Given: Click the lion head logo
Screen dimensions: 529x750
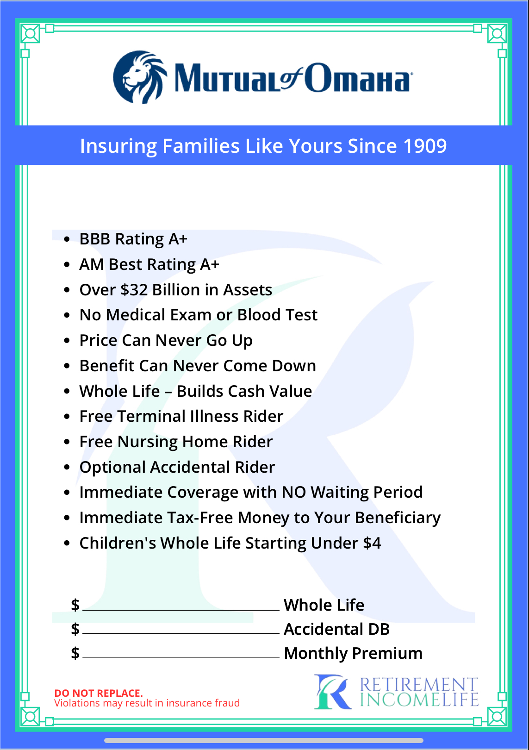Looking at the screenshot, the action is tap(140, 77).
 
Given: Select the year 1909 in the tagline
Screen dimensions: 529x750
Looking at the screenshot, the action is tap(425, 146).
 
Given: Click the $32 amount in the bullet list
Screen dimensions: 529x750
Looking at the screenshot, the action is tap(134, 290).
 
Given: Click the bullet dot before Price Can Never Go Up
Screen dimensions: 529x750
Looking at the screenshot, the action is tap(67, 341).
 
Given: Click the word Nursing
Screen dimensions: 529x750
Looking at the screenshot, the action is tap(148, 442).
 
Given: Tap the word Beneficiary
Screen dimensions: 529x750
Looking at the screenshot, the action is tap(398, 518).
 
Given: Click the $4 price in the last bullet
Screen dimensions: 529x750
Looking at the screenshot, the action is tap(372, 543).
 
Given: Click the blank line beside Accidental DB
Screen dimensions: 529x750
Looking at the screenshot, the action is tap(181, 633).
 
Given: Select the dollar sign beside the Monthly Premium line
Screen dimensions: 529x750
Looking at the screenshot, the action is tap(75, 653).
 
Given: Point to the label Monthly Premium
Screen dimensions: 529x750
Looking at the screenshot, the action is tap(353, 653).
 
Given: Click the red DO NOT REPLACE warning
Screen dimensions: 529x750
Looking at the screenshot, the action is tap(99, 693).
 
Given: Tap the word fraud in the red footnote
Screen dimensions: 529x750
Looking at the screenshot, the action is tap(227, 703).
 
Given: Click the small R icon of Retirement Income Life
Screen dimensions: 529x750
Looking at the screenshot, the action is tap(332, 692).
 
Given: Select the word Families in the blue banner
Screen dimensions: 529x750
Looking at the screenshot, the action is tap(201, 146).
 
